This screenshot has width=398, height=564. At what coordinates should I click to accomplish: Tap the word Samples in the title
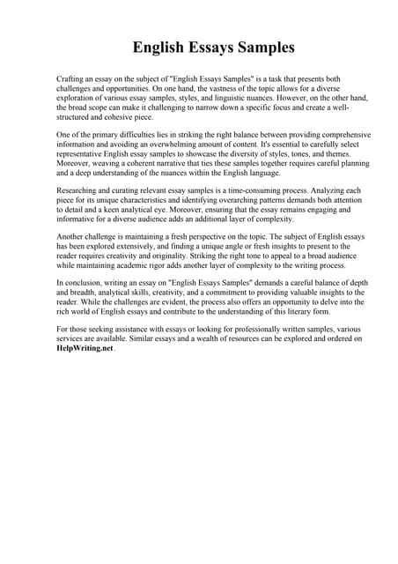[263, 46]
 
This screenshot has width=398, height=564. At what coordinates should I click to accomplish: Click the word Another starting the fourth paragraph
[71, 239]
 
